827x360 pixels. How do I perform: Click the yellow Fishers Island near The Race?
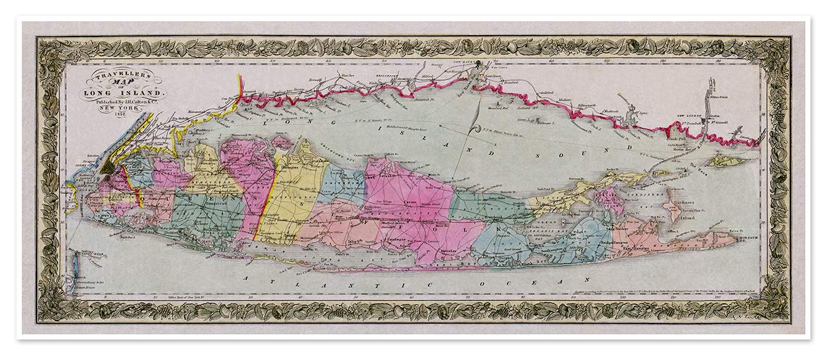[x=728, y=161]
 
